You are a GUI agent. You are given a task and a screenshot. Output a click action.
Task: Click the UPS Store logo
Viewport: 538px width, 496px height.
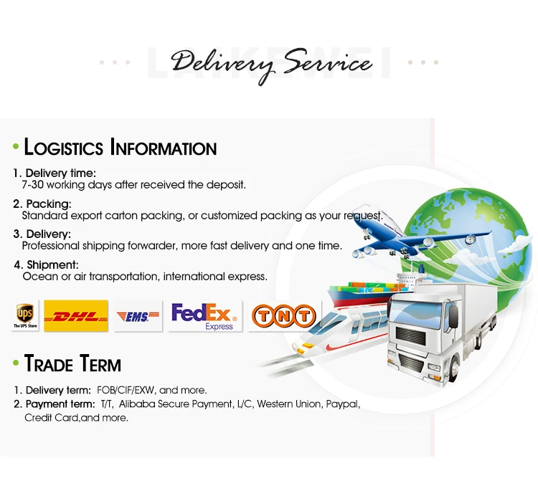tap(24, 315)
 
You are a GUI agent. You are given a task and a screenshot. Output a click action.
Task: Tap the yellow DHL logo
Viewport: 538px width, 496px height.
tap(75, 315)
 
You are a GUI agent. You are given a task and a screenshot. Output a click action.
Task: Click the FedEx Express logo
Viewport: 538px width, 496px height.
tap(205, 315)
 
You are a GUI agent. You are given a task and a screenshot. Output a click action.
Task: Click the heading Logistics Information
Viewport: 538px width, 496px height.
tap(120, 148)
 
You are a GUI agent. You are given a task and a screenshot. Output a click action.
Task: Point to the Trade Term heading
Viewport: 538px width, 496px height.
tap(72, 363)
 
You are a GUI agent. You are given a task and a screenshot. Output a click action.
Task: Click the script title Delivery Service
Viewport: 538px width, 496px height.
tap(271, 65)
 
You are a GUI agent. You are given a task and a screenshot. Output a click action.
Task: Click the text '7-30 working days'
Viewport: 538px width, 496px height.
tap(67, 185)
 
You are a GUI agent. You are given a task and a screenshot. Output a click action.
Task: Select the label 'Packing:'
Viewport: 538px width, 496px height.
tap(49, 204)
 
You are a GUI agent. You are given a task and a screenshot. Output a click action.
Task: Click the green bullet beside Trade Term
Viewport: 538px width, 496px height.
tap(15, 364)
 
